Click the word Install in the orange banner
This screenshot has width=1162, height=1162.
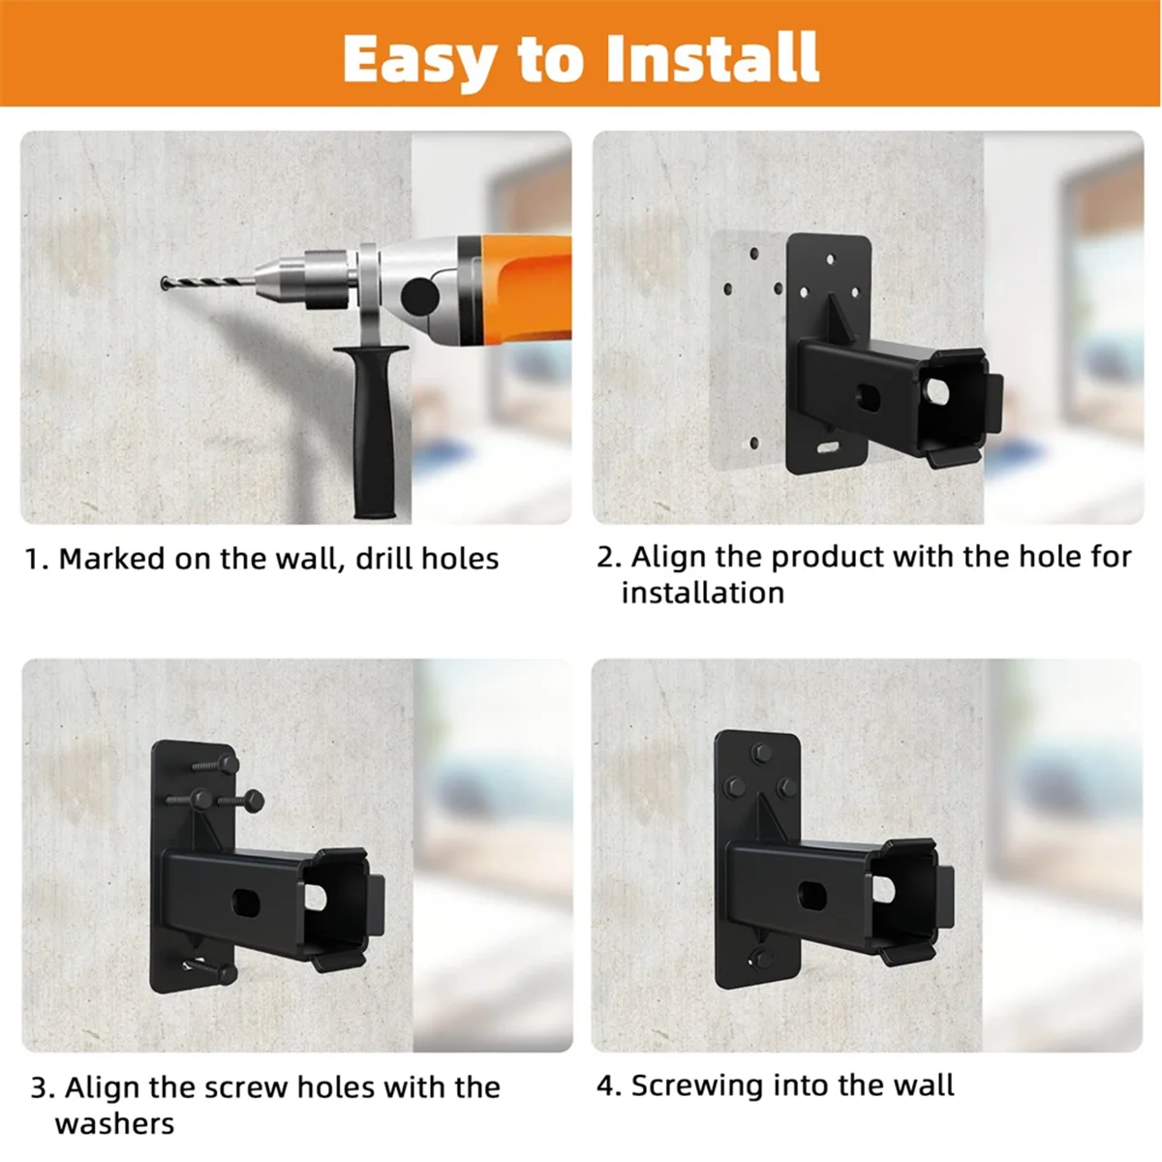(x=712, y=58)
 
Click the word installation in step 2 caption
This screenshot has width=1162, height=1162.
(x=702, y=593)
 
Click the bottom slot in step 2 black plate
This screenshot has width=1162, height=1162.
(x=828, y=449)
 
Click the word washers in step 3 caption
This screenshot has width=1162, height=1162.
(x=114, y=1123)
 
